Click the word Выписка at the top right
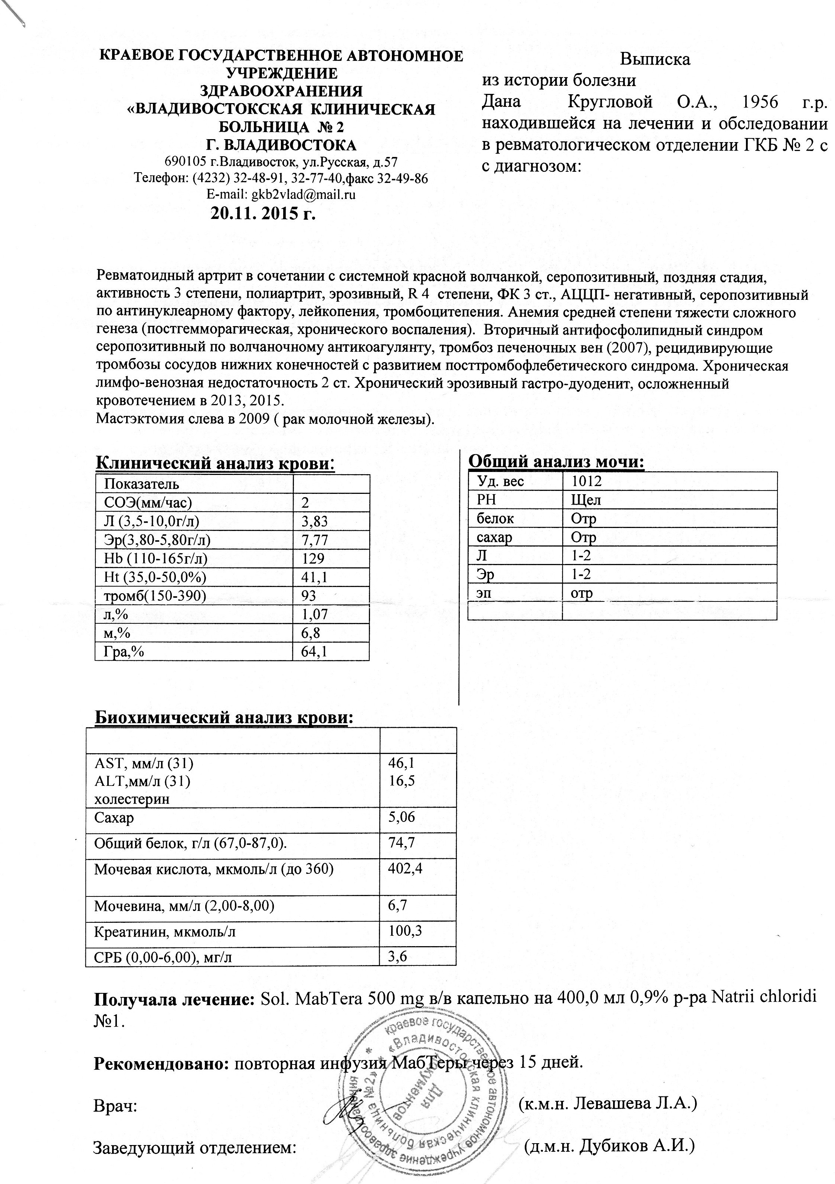point(655,59)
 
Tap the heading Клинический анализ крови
point(215,463)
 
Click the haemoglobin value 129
point(313,558)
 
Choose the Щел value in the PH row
point(586,500)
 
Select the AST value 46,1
point(402,763)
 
